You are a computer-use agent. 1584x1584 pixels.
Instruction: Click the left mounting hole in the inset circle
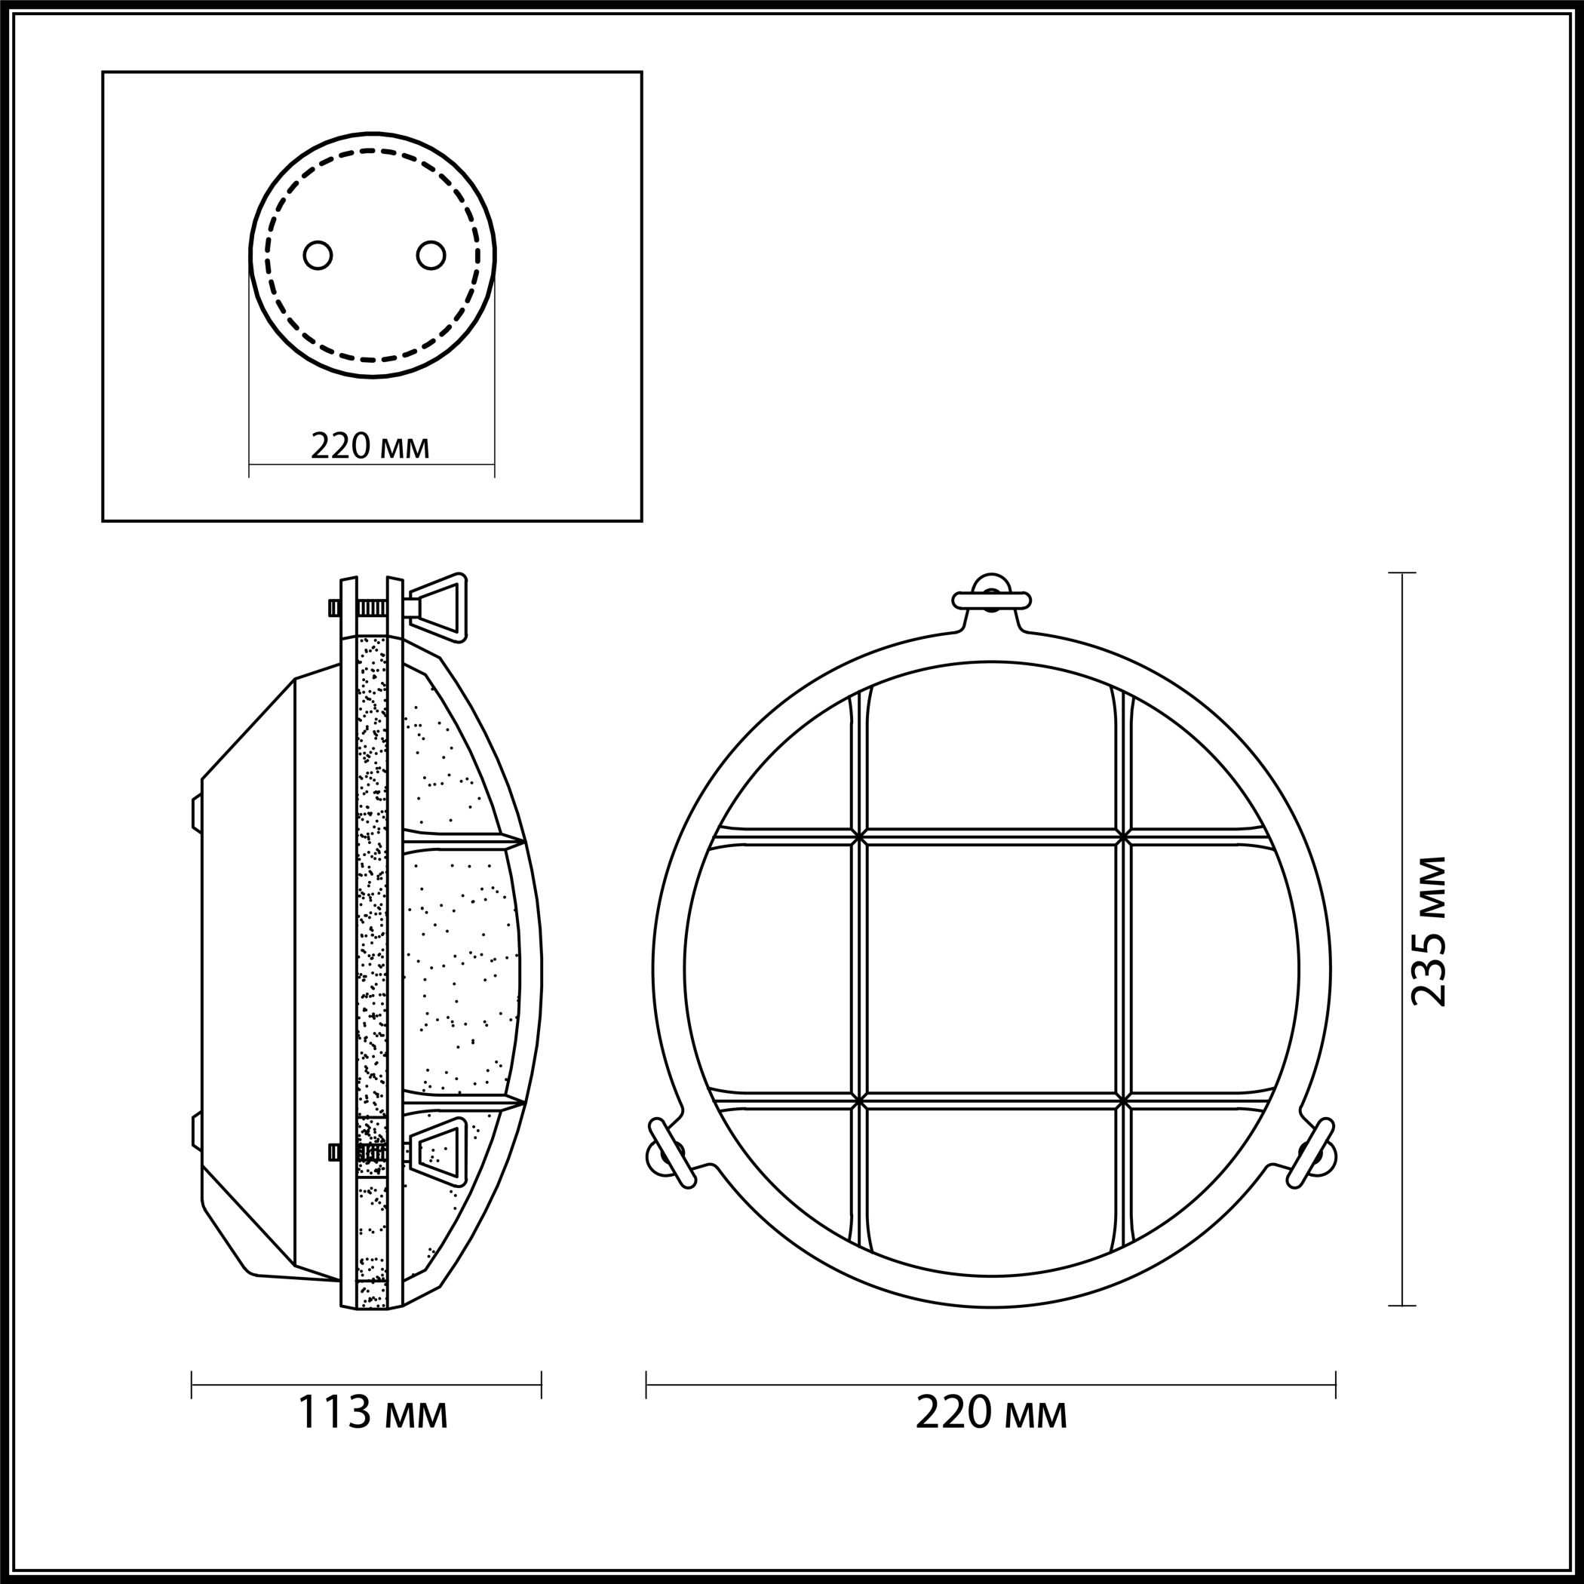(318, 255)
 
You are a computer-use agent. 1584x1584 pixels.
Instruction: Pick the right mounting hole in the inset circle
(431, 255)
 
